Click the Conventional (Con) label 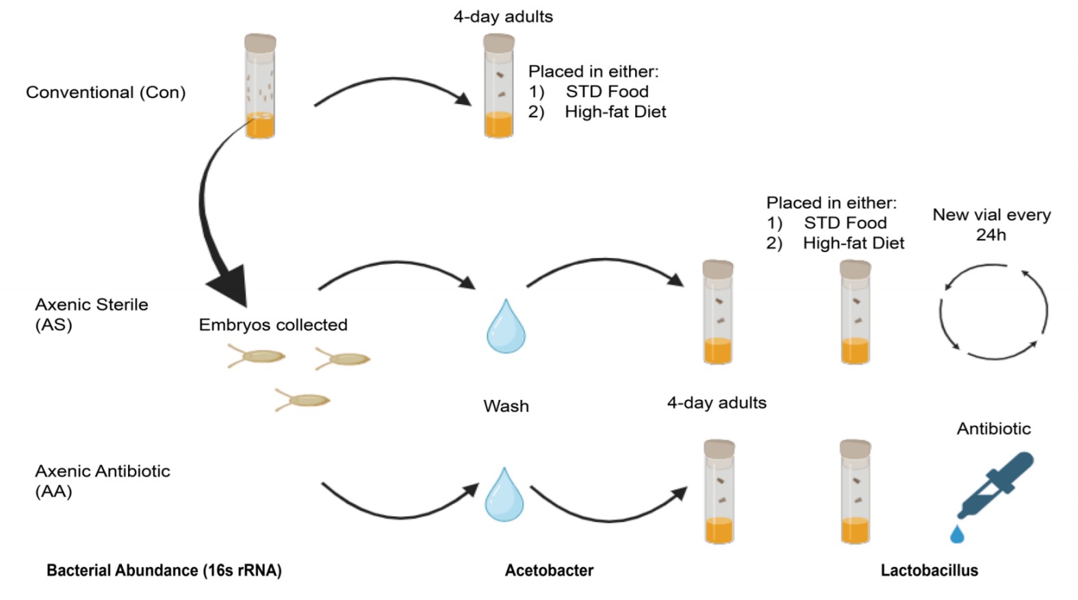[105, 92]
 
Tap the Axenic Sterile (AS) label [91, 314]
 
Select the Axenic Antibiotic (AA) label [102, 480]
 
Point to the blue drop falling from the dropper [957, 534]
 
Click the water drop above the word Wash [506, 328]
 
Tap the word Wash [506, 406]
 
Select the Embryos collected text [273, 325]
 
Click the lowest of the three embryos [303, 400]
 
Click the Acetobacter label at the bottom [549, 570]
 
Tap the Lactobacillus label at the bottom [929, 570]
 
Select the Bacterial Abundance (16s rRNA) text [164, 570]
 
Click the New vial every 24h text [991, 225]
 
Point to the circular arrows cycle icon [993, 312]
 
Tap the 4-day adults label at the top [503, 16]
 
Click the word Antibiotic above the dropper [993, 429]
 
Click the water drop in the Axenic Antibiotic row [504, 496]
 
